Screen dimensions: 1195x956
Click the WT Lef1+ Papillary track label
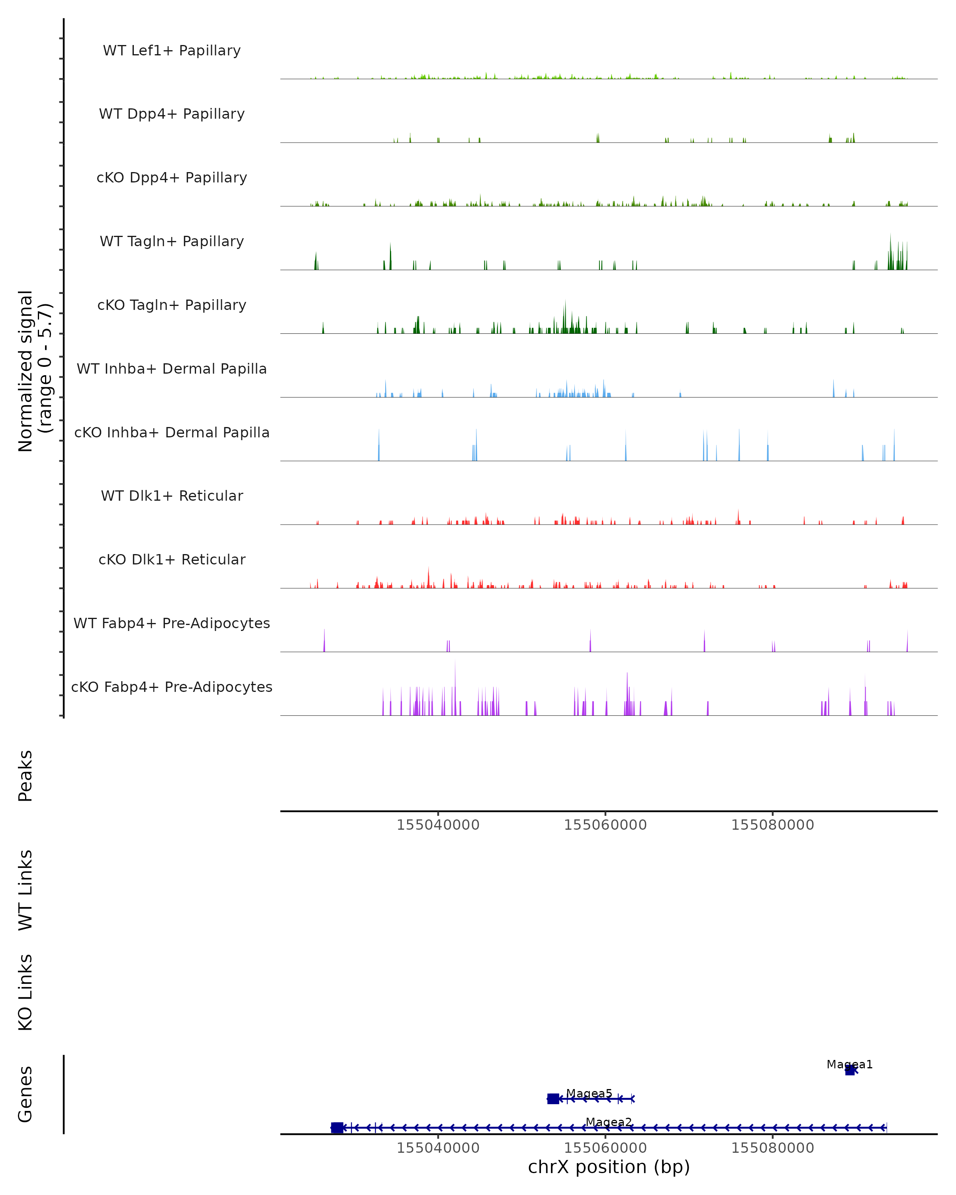pos(172,51)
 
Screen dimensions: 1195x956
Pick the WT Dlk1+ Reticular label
pos(172,496)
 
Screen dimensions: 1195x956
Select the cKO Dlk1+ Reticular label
pos(172,559)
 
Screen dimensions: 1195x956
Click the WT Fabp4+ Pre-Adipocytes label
pos(172,623)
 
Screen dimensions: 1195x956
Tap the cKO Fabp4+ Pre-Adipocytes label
pos(172,687)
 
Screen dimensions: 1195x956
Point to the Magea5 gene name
pos(589,1093)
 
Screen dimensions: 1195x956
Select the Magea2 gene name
pos(609,1122)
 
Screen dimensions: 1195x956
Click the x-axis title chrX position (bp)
pos(609,1167)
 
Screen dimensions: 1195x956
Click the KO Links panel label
pos(25,992)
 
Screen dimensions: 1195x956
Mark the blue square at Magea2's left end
pos(337,1127)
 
